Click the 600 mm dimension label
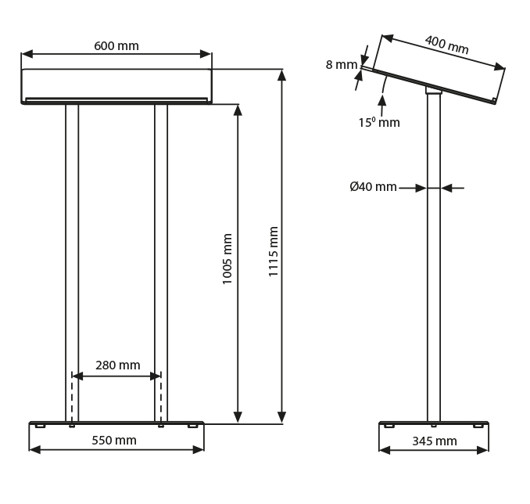point(116,45)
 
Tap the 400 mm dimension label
point(446,45)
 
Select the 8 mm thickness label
point(341,64)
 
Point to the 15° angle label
point(379,122)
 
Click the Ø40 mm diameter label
point(373,187)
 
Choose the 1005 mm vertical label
point(227,258)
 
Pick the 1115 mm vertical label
point(273,251)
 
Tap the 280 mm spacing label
point(117,365)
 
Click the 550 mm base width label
point(114,441)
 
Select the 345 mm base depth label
point(434,441)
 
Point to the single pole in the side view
point(434,258)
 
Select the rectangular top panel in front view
point(116,86)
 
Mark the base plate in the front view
point(116,423)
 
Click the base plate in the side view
point(434,423)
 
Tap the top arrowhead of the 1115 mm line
point(282,75)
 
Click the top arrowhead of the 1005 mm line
point(238,110)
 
